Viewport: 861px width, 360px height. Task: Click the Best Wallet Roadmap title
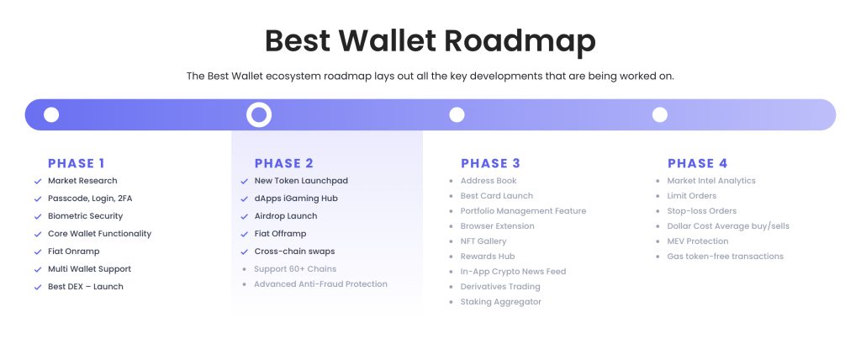coord(430,41)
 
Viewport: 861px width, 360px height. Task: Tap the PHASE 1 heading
coord(77,163)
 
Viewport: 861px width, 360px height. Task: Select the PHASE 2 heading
coord(284,163)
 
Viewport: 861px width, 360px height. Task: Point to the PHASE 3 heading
coord(490,163)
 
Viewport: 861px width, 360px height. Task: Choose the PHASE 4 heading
coord(697,163)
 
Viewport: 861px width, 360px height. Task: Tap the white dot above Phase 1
coord(51,115)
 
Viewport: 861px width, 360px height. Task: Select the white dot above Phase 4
coord(659,115)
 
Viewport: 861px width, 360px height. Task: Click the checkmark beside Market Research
coord(38,182)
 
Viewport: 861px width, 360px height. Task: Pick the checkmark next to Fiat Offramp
coord(245,234)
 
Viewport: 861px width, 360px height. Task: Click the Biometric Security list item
coord(85,216)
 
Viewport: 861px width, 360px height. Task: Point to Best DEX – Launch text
coord(86,286)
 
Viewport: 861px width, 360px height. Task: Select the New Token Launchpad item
coord(301,181)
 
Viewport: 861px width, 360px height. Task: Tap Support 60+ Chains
coord(295,269)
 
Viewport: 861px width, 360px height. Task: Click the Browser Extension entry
coord(498,226)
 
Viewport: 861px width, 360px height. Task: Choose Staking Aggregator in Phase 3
coord(501,302)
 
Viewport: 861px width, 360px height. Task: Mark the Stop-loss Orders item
coord(702,211)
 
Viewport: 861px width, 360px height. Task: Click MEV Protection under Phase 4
coord(697,241)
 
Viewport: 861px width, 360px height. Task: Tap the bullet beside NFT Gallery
coord(452,241)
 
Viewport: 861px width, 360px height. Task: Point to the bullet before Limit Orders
coord(658,196)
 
